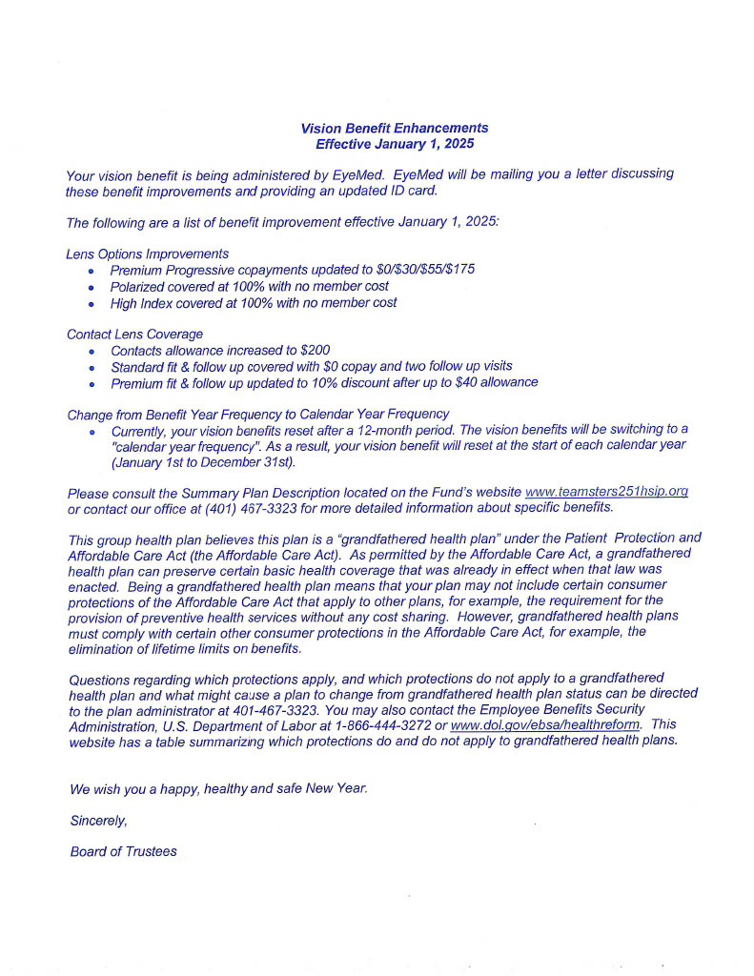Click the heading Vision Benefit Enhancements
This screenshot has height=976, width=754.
(394, 128)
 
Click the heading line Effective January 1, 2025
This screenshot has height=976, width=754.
(394, 144)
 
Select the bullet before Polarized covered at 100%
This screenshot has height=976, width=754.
(92, 287)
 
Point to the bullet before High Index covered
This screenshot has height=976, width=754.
(92, 304)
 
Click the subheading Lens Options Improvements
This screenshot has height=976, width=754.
(148, 254)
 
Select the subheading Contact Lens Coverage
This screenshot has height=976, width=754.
(134, 334)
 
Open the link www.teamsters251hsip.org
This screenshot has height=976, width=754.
(606, 492)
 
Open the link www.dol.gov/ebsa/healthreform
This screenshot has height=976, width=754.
(544, 725)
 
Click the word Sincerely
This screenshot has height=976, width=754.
(98, 821)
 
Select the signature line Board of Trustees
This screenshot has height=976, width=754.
(123, 851)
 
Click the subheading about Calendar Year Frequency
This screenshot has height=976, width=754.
(257, 414)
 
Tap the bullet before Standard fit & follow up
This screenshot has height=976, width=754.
(92, 367)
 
